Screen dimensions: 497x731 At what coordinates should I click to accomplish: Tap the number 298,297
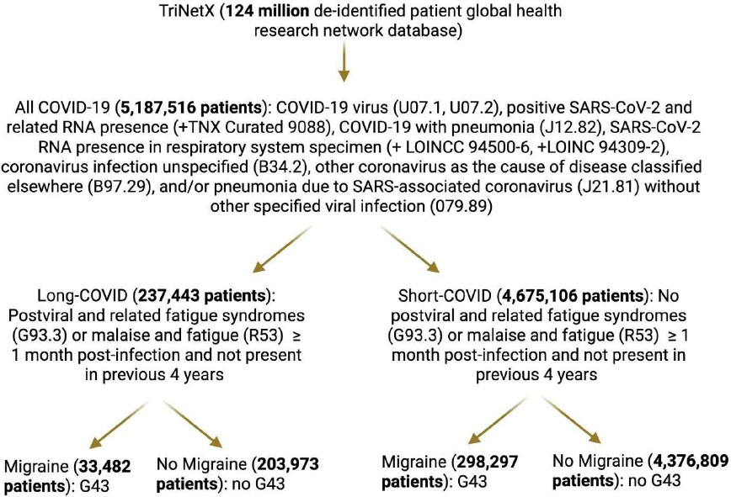coord(484,462)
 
